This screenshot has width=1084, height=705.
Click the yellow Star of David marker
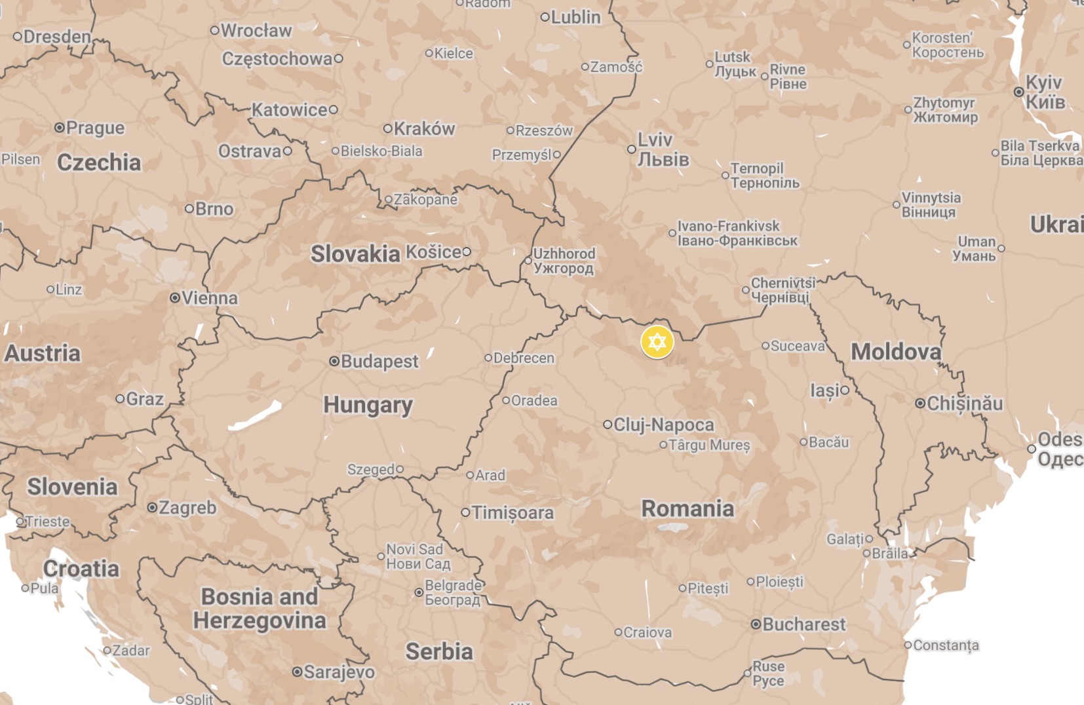[x=657, y=342]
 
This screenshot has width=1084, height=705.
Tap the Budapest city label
[x=379, y=361]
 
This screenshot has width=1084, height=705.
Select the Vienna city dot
[x=175, y=297]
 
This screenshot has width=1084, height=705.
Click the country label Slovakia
[x=355, y=254]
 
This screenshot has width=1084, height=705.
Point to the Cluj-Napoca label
[x=663, y=425]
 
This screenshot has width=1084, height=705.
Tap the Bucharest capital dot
[x=756, y=624]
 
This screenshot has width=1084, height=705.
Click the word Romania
[x=687, y=508]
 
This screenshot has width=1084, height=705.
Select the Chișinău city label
[x=964, y=403]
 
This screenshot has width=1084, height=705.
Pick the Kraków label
[x=424, y=128]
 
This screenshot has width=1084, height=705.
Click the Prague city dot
[x=60, y=127]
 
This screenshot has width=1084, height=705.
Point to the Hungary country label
[x=368, y=405]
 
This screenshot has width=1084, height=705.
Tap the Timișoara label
[x=513, y=512]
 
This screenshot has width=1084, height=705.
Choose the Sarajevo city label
[x=339, y=672]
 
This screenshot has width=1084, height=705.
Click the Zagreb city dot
[x=152, y=507]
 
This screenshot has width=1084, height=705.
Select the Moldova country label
[x=895, y=352]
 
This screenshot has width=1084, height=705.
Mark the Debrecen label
[x=524, y=358]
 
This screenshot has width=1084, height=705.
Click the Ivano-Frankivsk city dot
[x=672, y=233]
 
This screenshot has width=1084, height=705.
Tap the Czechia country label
[x=99, y=162]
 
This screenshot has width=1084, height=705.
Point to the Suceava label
[x=798, y=346]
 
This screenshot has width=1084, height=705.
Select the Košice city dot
[x=467, y=252]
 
